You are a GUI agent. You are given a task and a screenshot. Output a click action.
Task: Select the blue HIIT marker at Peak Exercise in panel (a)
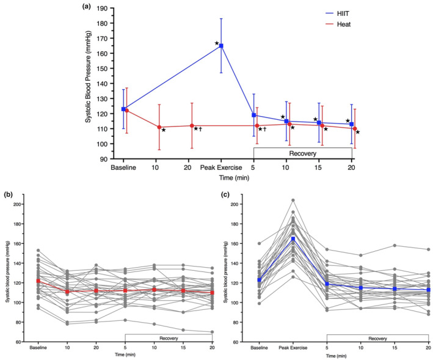[x=221, y=46]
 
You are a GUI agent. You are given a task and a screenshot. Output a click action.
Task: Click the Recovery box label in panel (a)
[x=303, y=154]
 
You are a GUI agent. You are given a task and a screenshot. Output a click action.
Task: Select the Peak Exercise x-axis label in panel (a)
[x=221, y=166]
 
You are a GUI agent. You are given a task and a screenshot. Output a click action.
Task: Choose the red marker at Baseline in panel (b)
[x=38, y=281]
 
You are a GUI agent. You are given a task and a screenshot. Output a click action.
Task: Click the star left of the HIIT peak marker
[x=216, y=43]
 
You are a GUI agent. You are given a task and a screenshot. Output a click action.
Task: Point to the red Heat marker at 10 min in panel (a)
[x=159, y=127]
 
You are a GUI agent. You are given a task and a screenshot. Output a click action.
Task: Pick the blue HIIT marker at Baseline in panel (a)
[x=123, y=109]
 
